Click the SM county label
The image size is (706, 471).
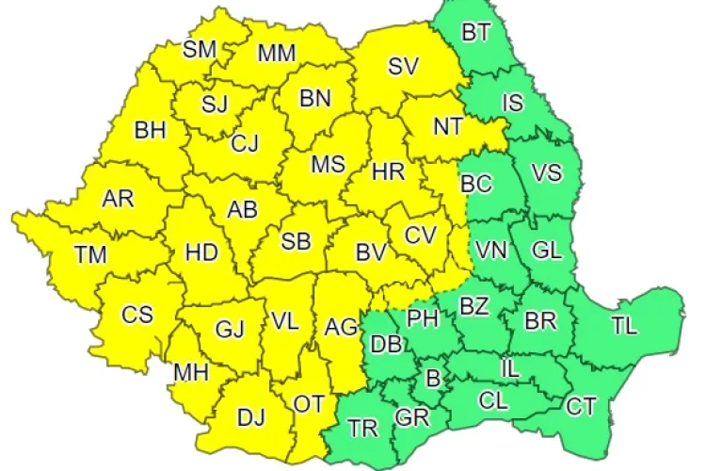point(199,49)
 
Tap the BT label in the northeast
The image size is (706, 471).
point(476,32)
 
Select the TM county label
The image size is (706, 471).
point(91,254)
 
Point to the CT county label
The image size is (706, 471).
point(581,407)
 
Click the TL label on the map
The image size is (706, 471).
point(623,326)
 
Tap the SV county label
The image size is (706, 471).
point(403,66)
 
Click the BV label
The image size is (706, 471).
point(371,252)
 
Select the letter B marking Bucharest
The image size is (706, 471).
point(433,379)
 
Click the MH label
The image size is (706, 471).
point(190,372)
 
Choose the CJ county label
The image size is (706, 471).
point(245,144)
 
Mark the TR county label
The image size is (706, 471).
point(362,429)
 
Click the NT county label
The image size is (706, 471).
point(447,125)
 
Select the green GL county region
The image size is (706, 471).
point(546,250)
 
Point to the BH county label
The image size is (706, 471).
point(150,130)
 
